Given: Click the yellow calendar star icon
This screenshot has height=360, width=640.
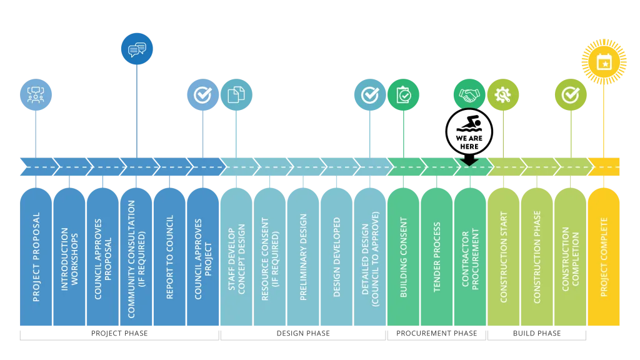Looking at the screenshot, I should (x=604, y=62).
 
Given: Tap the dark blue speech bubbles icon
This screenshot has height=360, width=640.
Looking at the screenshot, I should (x=137, y=49).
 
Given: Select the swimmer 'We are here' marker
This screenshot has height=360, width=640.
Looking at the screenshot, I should (x=470, y=132).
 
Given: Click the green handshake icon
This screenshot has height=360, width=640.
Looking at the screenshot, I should (x=469, y=95).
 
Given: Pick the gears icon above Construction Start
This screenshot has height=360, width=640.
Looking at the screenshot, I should (x=502, y=95).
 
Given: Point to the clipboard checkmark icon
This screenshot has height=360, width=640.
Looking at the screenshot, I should (x=403, y=95).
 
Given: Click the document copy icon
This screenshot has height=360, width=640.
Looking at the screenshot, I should (x=236, y=95).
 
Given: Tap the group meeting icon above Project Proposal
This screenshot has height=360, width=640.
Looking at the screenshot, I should (x=36, y=95).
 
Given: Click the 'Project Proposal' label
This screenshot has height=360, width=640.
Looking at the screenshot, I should (x=36, y=257).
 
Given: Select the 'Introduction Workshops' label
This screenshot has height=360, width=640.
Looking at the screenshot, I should (x=69, y=257).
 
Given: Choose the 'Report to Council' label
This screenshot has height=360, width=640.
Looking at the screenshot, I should (x=170, y=257).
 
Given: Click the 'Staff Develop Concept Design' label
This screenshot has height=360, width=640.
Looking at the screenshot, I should (x=237, y=257).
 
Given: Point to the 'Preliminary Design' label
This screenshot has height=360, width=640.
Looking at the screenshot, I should (x=304, y=257).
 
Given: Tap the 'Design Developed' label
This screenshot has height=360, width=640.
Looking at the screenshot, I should (x=337, y=257).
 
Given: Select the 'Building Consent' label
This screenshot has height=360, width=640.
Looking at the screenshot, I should (x=403, y=257).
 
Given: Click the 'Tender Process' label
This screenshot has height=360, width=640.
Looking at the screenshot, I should (x=437, y=257).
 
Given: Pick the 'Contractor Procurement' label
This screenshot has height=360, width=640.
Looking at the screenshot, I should (x=470, y=257).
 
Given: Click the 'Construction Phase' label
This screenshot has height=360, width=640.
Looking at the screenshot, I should (x=537, y=257).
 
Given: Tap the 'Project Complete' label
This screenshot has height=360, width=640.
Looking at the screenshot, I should (x=604, y=257).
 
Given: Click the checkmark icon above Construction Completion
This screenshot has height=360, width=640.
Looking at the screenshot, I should (x=571, y=95).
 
